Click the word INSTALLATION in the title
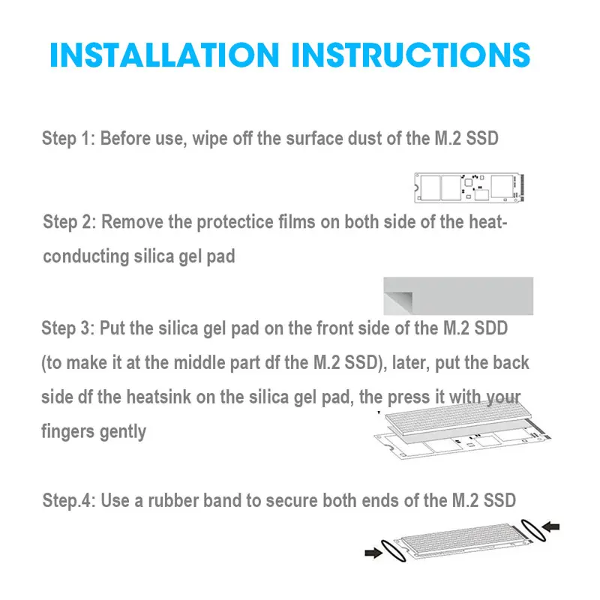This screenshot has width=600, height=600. click(x=164, y=55)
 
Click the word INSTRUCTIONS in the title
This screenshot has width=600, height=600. click(x=411, y=55)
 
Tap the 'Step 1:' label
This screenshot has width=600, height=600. click(x=68, y=139)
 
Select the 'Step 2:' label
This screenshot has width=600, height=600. click(x=69, y=222)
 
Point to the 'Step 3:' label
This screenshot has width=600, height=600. click(x=67, y=328)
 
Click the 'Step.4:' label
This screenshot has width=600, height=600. click(x=69, y=500)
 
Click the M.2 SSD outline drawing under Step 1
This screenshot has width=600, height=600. click(x=469, y=187)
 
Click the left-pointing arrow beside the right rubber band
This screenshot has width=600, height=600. click(x=551, y=527)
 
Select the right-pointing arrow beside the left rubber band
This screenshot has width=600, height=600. click(x=373, y=552)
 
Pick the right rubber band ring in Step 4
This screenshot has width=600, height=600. click(x=533, y=530)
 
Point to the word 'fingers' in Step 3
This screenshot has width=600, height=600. click(x=68, y=432)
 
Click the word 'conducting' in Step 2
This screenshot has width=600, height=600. click(x=85, y=256)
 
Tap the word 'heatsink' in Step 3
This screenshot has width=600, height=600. click(x=159, y=397)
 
